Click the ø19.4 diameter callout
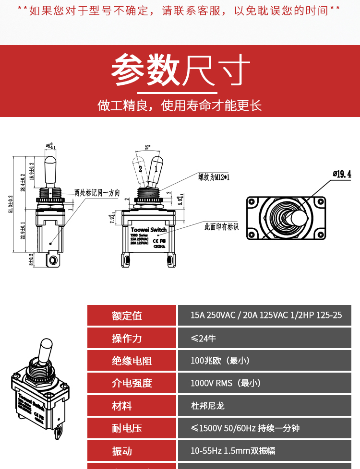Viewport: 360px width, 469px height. [x=341, y=174]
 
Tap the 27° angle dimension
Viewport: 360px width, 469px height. [x=147, y=147]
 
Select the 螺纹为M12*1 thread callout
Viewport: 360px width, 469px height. [x=214, y=177]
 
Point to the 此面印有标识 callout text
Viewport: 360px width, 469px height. [x=221, y=226]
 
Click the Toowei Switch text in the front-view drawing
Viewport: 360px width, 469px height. [x=148, y=230]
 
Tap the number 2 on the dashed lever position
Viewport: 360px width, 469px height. [x=140, y=169]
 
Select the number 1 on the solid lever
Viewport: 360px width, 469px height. [x=156, y=168]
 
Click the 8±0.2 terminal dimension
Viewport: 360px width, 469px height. [x=31, y=259]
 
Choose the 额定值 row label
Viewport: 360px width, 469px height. [x=127, y=316]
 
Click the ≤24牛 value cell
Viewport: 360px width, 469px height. [x=204, y=338]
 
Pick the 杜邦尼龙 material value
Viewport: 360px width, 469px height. [x=207, y=406]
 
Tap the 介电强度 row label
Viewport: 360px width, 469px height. [x=132, y=383]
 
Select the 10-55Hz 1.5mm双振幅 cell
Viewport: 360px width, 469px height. [x=233, y=451]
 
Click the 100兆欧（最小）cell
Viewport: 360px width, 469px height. [x=220, y=361]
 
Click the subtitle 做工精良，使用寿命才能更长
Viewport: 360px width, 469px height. [x=180, y=105]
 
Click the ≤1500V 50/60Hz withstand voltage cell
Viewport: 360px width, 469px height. [x=245, y=428]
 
